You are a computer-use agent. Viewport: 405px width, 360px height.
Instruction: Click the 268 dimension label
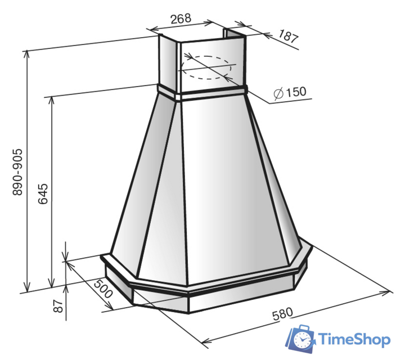[x=181, y=19]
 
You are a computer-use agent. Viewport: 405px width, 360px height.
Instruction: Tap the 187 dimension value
[x=289, y=37]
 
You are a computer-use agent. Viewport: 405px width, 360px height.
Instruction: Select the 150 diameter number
[x=296, y=92]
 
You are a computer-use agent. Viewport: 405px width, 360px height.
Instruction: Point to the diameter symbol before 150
[x=278, y=93]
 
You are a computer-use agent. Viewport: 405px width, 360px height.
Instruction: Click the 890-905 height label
[x=18, y=172]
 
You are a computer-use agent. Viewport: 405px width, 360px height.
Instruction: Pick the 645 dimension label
[x=43, y=194]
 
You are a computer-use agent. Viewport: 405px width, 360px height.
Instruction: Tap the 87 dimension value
[x=58, y=306]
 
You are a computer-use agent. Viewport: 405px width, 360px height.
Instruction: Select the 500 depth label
[x=103, y=289]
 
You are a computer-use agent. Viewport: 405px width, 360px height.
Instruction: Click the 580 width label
[x=282, y=314]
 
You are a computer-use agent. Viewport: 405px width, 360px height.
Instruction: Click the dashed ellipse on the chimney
[x=206, y=56]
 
